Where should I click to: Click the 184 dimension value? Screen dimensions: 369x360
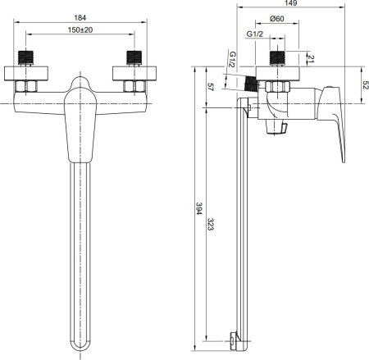click(80, 18)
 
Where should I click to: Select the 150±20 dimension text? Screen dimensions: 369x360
click(80, 30)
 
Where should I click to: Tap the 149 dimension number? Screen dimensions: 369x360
click(290, 3)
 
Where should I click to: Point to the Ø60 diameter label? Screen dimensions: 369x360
click(276, 19)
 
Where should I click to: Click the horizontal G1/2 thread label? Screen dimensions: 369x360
click(254, 34)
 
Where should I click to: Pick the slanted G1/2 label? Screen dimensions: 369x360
click(232, 59)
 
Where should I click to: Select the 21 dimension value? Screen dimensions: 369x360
click(311, 59)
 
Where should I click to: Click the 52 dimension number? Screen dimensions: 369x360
click(365, 85)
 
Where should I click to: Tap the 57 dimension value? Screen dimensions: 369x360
click(210, 87)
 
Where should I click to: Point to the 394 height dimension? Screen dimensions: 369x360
click(198, 208)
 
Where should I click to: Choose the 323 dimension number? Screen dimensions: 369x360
click(210, 224)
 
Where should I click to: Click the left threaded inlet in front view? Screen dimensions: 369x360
click(25, 58)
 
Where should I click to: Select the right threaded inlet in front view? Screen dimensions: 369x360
click(134, 58)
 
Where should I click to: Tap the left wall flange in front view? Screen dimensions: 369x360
click(26, 73)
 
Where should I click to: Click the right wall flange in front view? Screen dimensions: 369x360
click(134, 73)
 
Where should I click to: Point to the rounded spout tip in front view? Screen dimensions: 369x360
click(80, 347)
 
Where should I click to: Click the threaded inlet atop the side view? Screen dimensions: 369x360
click(277, 58)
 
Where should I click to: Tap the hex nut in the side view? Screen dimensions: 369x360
click(277, 86)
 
